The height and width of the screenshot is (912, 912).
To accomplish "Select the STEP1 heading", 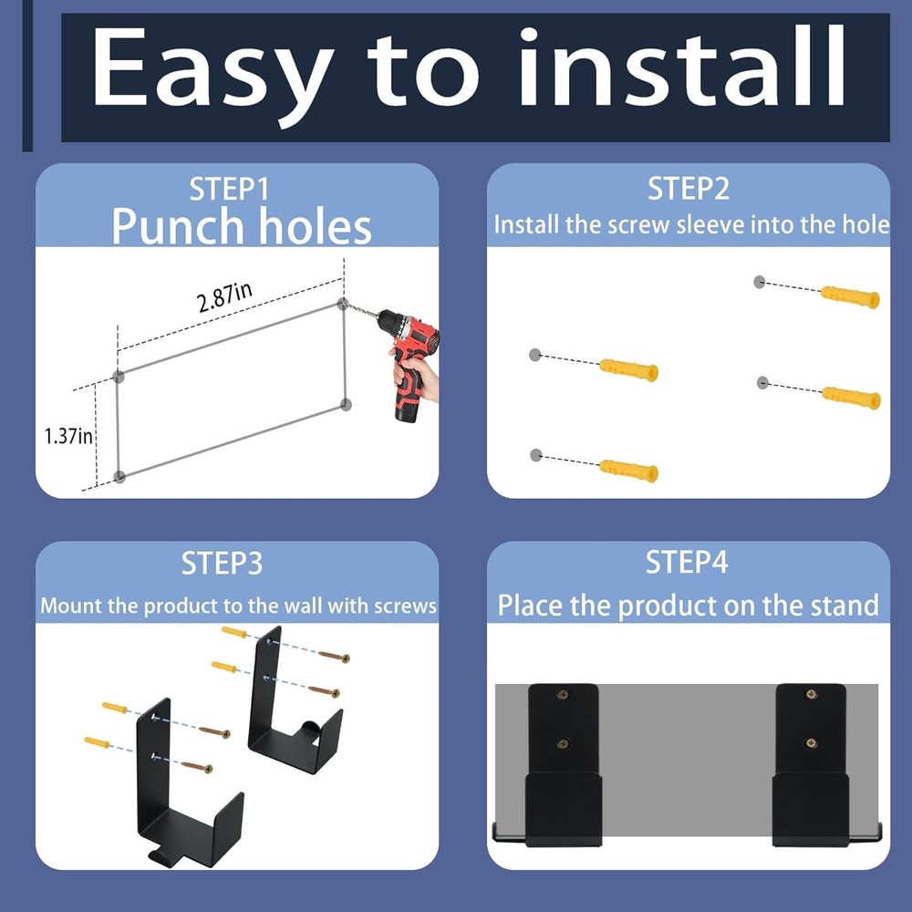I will click(x=229, y=190).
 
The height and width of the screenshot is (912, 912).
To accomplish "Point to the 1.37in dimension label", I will click(x=68, y=436).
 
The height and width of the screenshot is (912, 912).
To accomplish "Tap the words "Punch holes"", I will click(x=241, y=226).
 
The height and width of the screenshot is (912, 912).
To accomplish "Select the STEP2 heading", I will click(x=689, y=190).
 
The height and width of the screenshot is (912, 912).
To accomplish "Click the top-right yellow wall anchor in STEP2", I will click(x=850, y=296).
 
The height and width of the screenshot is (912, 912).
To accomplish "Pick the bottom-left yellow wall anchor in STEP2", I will click(x=628, y=471).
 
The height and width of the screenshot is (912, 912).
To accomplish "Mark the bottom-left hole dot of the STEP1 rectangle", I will click(x=119, y=476).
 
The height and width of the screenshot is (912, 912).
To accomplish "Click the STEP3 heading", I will click(x=222, y=564).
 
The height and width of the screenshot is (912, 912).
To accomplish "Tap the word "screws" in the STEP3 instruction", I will click(x=405, y=606).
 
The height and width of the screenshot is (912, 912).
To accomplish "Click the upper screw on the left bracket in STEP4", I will click(x=561, y=697).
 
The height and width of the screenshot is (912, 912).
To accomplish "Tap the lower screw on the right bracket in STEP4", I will click(x=809, y=742).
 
